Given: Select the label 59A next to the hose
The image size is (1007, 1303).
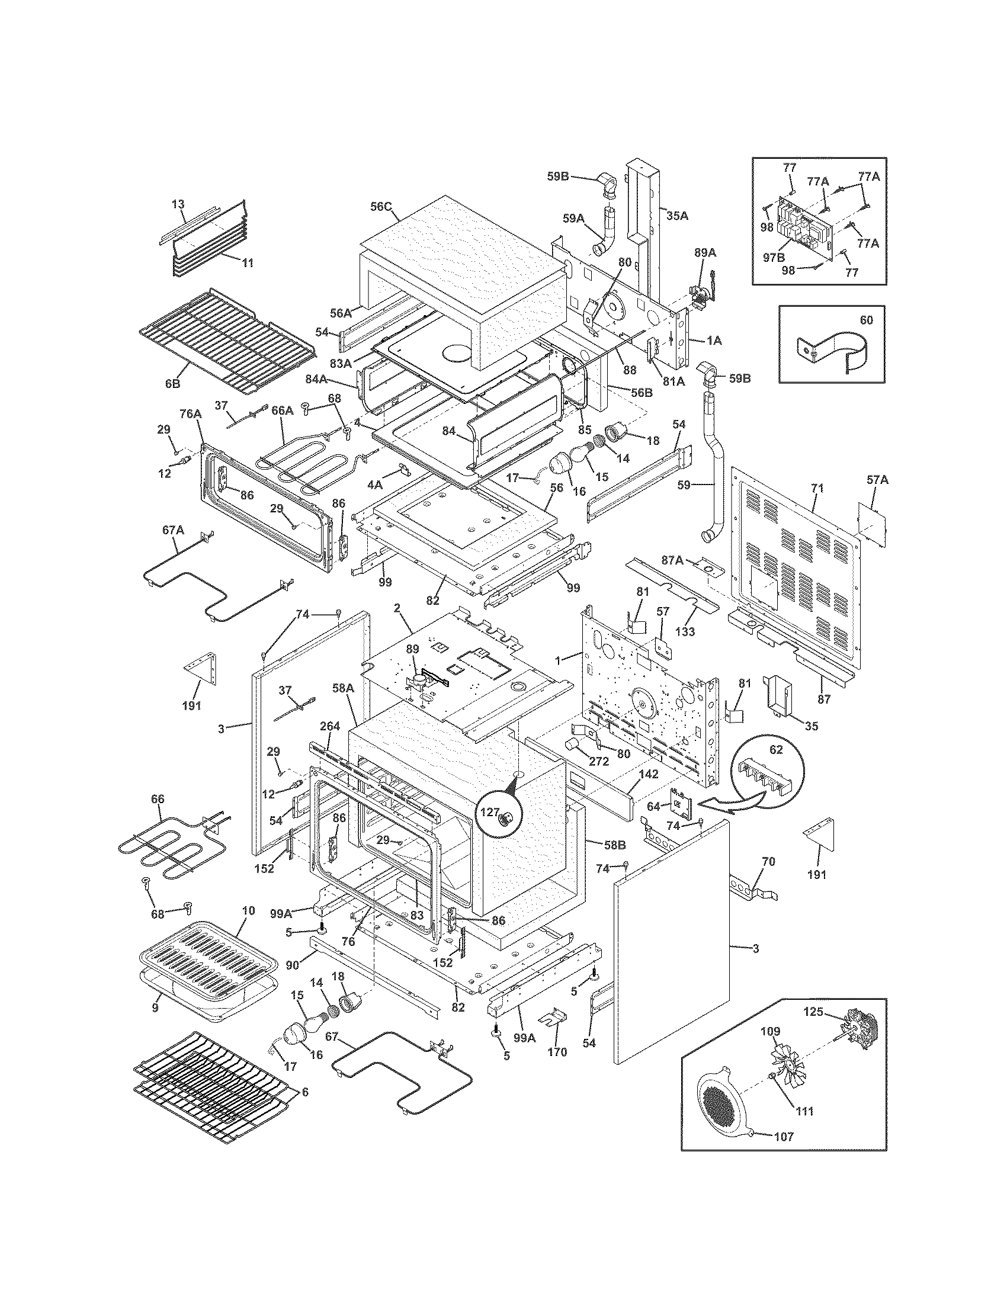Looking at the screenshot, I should coord(573,219).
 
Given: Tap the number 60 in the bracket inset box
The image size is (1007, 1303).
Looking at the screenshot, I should coord(866,320).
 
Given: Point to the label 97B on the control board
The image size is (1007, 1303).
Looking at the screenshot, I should coord(773,258).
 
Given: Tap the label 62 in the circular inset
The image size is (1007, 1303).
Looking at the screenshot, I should coord(775,750).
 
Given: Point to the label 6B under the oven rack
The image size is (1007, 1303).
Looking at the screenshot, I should coord(172,384).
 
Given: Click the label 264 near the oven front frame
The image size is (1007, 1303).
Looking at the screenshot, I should coord(330,726).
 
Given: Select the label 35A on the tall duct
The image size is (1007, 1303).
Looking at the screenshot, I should coord(676,216).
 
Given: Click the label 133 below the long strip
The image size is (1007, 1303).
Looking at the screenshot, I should coord(685,631).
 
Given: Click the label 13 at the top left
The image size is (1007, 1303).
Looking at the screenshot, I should coord(178,204).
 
